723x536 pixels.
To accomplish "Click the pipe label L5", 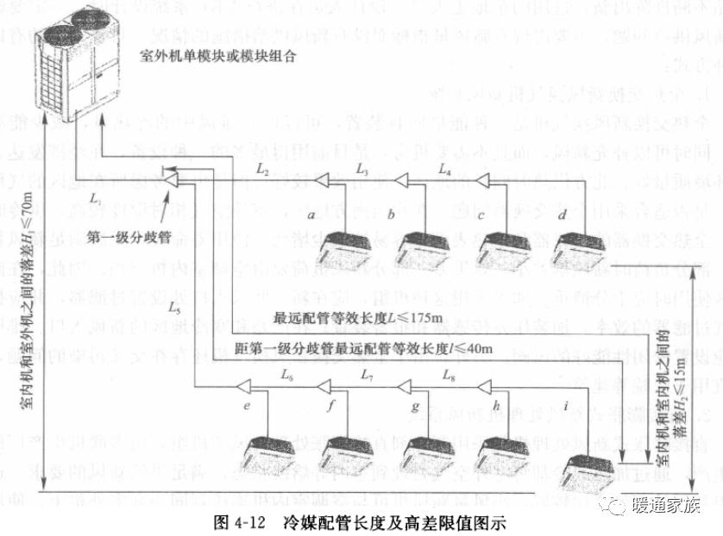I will coord(174,306).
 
